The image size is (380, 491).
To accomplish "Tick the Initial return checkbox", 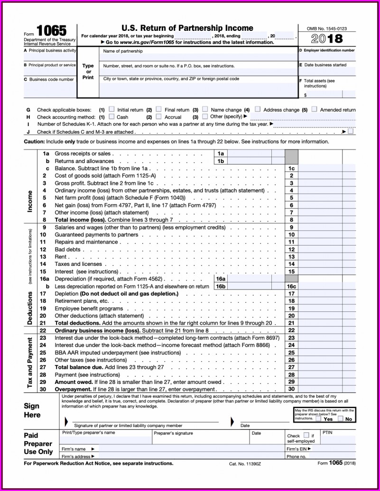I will (x=111, y=109).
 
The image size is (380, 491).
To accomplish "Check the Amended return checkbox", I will (x=314, y=109).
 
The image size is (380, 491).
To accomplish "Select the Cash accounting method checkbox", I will (x=111, y=116).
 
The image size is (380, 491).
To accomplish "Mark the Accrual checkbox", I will (x=159, y=116).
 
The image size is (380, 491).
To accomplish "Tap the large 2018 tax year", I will (x=327, y=38).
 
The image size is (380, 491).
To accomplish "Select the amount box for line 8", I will (x=327, y=220).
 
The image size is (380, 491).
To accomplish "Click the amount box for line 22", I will (x=327, y=330).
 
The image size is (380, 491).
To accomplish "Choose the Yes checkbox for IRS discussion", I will (x=318, y=418).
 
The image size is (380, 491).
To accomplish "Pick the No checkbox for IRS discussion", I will (x=340, y=418).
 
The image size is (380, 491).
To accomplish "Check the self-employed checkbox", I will (x=306, y=435).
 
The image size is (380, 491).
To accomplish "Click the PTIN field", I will (x=338, y=438).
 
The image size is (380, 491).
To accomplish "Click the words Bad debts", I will (x=67, y=249).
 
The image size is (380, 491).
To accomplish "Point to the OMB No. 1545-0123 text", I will (x=327, y=28).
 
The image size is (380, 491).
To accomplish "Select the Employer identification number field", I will (x=327, y=56).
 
